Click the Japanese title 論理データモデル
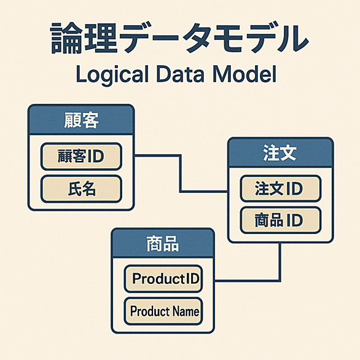click(x=180, y=38)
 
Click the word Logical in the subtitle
click(x=112, y=75)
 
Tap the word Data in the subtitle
click(x=180, y=74)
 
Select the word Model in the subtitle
click(x=245, y=74)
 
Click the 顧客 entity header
click(x=81, y=119)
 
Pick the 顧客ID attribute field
click(x=81, y=157)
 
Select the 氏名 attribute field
click(x=81, y=189)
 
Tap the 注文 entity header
click(x=280, y=152)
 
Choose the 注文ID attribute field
click(x=280, y=189)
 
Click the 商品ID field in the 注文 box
click(x=280, y=220)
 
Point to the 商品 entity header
click(x=163, y=243)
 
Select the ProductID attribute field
click(x=163, y=279)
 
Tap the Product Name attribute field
click(x=163, y=311)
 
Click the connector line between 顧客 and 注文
click(x=181, y=173)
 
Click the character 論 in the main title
click(x=66, y=38)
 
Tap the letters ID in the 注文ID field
click(x=294, y=189)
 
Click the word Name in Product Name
click(x=186, y=311)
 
